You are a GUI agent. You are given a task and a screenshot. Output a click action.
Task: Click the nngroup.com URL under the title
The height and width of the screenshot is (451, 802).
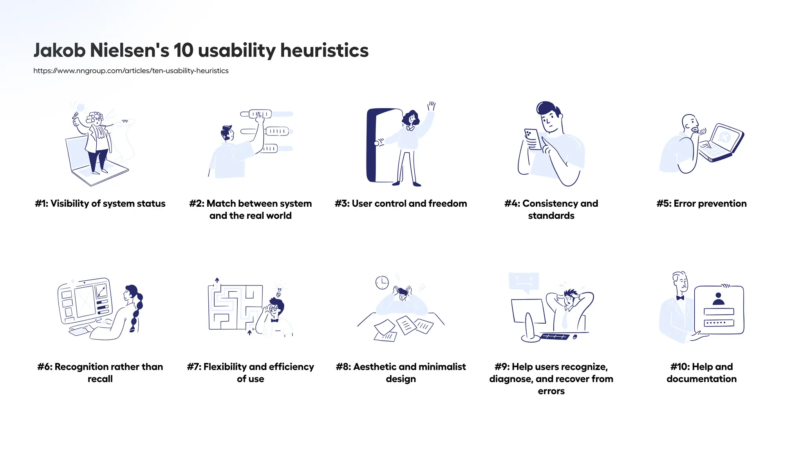click(131, 71)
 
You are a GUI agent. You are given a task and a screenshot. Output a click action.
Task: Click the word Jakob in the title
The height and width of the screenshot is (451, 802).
click(59, 51)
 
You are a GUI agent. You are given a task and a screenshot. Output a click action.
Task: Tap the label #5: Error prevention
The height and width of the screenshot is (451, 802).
click(701, 204)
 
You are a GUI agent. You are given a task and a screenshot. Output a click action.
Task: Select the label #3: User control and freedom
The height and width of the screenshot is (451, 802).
click(401, 204)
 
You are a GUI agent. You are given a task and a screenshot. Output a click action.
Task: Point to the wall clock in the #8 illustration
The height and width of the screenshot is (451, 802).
click(382, 282)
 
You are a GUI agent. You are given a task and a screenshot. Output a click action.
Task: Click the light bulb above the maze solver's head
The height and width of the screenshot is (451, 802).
click(279, 291)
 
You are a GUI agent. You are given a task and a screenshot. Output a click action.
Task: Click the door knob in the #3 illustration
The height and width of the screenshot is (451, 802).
click(377, 143)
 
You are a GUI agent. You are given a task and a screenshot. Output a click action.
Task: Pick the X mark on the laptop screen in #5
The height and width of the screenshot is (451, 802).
click(724, 137)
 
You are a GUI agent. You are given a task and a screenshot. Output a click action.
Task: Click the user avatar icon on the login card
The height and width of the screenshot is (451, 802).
click(719, 299)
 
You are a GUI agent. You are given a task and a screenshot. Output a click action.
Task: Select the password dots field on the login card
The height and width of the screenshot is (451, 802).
click(719, 323)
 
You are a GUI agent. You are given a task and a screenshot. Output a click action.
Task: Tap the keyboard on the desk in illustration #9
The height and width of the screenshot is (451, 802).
click(555, 337)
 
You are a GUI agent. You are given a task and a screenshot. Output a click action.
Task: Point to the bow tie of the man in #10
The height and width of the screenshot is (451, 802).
click(680, 298)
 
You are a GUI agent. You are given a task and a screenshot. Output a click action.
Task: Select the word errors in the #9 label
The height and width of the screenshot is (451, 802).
click(551, 391)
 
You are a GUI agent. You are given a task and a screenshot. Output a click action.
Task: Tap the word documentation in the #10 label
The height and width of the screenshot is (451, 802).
click(701, 379)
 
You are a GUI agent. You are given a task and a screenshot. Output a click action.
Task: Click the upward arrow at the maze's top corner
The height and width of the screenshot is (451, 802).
click(217, 281)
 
